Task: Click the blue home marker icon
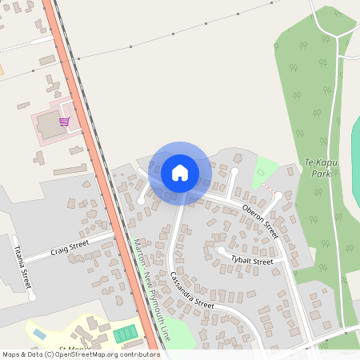coord(179,172)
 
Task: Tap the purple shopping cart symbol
coord(64,122)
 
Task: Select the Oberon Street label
coord(260,221)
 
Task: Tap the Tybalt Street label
coord(252,261)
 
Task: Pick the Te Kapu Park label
coord(321,167)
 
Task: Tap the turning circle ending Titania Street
coord(32,297)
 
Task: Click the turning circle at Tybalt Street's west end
coord(221,250)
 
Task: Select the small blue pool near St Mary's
coord(38,332)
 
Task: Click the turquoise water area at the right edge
coord(355,160)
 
